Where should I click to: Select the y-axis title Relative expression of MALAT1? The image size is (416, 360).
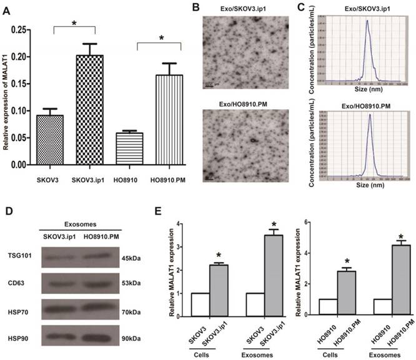7,97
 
